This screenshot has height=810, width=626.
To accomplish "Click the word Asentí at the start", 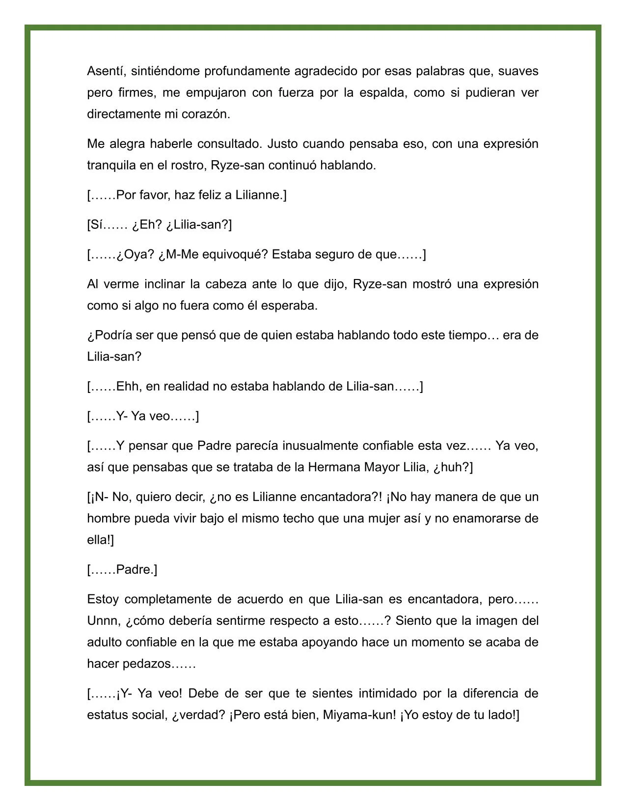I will (102, 71).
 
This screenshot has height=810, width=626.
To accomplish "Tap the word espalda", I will (381, 93).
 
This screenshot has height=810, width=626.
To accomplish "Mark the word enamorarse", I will (491, 519).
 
